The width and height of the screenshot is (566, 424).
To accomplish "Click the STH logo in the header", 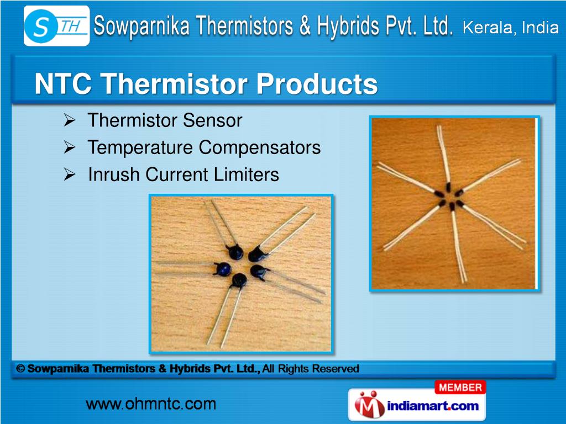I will click(x=56, y=26).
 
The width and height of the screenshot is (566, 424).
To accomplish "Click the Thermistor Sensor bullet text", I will click(x=165, y=120).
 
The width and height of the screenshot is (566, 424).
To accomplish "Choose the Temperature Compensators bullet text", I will click(x=204, y=147).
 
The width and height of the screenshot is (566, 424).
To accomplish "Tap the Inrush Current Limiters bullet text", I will click(x=184, y=175).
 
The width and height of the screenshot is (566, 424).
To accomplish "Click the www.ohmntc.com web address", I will click(x=150, y=404).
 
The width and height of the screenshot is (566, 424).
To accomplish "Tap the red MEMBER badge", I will click(x=460, y=388).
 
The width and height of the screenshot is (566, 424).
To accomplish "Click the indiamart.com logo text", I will click(x=433, y=406).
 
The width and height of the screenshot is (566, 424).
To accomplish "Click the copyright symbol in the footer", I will click(x=20, y=368).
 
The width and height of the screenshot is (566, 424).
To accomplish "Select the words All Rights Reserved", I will click(x=311, y=368).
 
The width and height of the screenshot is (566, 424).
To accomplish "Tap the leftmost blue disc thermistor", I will click(x=223, y=269).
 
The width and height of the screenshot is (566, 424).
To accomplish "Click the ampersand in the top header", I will click(x=305, y=26).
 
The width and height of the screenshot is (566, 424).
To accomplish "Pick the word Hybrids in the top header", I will click(x=348, y=26).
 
